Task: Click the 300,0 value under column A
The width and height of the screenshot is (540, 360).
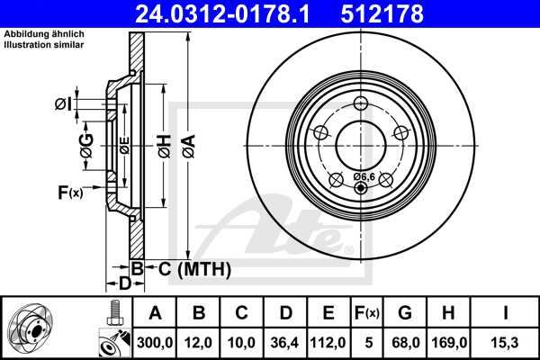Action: tap(154, 342)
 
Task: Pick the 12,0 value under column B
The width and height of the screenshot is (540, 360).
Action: tap(199, 342)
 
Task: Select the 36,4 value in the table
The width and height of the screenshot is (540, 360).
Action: tap(285, 342)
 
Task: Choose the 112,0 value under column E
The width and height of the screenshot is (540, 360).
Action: tap(328, 342)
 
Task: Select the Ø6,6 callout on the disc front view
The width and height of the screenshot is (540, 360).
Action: tap(364, 176)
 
